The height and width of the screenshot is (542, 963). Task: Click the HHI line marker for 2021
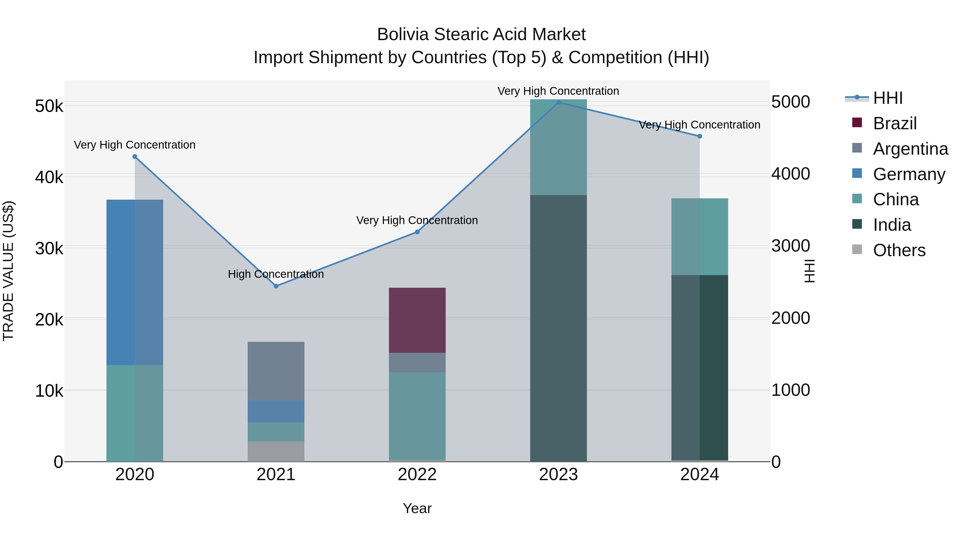276,286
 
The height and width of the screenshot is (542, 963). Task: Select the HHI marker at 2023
559,103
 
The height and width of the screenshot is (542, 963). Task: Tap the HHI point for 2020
135,157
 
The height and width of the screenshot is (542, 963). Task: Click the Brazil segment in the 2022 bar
417,320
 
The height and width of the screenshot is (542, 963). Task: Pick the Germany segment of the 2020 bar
135,282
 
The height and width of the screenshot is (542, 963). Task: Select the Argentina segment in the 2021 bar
276,371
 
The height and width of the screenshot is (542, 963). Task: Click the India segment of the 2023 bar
559,328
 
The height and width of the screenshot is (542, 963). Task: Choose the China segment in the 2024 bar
700,237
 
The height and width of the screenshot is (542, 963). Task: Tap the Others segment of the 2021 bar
276,452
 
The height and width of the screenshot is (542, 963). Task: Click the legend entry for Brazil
895,123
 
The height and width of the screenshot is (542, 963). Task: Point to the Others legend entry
899,250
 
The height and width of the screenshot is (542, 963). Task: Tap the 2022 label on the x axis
417,475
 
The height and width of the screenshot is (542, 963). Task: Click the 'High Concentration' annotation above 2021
276,274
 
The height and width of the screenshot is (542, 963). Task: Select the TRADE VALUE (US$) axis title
8,271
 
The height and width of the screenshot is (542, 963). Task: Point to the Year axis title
417,508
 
